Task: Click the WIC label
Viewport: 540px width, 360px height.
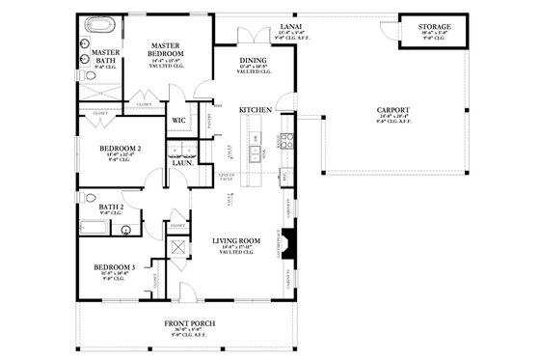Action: click(178, 121)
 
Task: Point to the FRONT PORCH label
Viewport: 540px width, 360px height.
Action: click(190, 322)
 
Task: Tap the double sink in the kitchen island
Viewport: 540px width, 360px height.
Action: click(255, 152)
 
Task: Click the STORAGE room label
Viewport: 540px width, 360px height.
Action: click(435, 27)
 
